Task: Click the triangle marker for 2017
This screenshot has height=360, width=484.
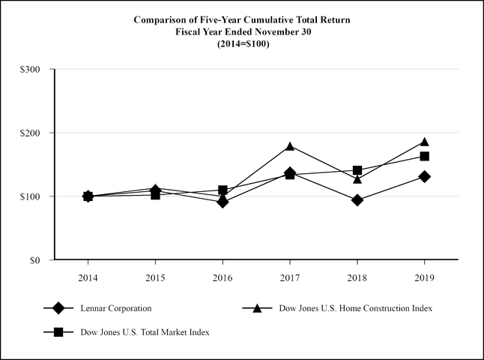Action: (290, 146)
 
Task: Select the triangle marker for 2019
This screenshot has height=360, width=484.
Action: (425, 142)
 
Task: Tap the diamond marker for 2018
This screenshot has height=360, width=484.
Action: (357, 200)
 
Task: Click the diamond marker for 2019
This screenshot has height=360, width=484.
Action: (425, 176)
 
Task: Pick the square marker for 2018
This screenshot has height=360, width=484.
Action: (357, 170)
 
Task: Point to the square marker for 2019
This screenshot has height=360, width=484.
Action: (425, 156)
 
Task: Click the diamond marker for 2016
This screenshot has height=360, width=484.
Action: (223, 202)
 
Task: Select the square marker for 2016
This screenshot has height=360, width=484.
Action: (223, 190)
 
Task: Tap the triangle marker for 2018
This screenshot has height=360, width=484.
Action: (357, 179)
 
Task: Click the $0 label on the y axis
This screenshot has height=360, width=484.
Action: (34, 260)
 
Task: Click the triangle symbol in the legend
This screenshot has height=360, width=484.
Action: (256, 307)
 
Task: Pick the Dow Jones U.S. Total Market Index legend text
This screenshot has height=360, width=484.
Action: (145, 332)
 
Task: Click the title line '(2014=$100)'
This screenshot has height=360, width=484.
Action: (241, 44)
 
